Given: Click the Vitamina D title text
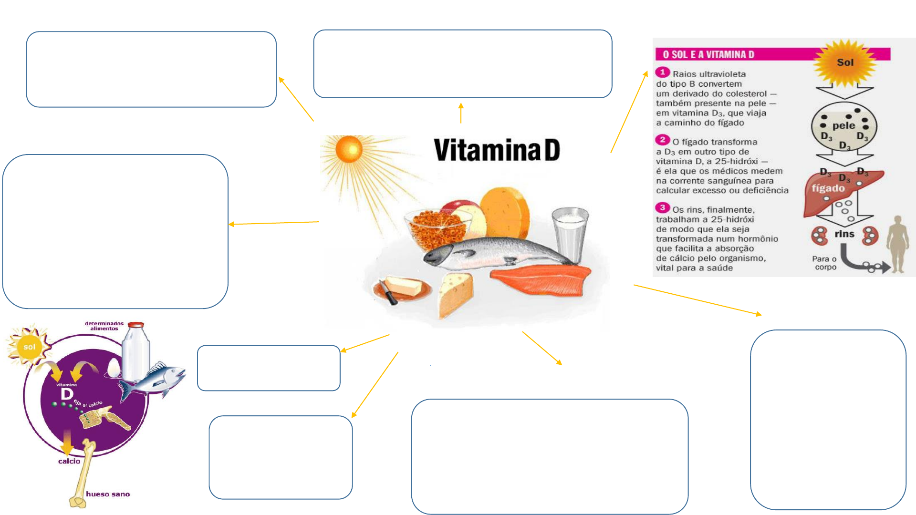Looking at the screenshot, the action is [x=497, y=150].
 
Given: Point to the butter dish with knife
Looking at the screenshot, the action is [x=402, y=289].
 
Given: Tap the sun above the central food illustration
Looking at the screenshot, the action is [x=349, y=149].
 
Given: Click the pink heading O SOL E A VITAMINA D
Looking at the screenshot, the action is [x=708, y=54].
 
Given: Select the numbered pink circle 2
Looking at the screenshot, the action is [x=662, y=140].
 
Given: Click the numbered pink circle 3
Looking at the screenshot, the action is [x=662, y=207].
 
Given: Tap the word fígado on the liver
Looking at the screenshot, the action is [x=828, y=188].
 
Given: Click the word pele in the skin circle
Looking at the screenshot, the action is [x=843, y=126].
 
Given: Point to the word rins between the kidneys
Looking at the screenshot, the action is [x=844, y=234].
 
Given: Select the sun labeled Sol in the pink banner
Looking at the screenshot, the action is [x=845, y=62].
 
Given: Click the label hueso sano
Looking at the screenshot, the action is [x=108, y=494].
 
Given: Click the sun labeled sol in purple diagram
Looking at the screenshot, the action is [x=29, y=347].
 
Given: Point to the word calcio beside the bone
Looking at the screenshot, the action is [x=69, y=461].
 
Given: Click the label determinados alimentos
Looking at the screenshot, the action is [x=104, y=326].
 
